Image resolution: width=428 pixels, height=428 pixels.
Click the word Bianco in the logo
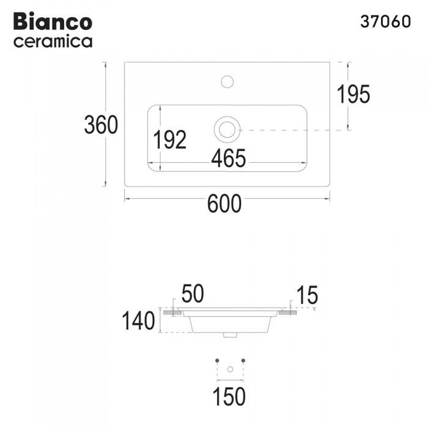click(53, 21)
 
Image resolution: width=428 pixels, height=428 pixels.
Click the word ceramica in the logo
click(53, 42)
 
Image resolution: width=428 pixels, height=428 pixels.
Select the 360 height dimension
click(100, 125)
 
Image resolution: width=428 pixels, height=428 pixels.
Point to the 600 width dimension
click(224, 204)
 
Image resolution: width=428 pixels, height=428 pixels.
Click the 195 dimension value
click(353, 94)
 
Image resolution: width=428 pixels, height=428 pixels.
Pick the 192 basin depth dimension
click(170, 140)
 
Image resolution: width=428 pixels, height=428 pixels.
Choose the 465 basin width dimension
click(228, 158)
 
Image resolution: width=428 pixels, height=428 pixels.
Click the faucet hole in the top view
click(227, 81)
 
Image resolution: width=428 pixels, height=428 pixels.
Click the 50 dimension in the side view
click(192, 295)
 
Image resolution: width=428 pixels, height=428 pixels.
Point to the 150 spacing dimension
click(230, 396)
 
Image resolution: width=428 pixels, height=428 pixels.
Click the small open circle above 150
click(230, 369)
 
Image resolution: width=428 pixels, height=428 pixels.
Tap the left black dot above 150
click(217, 361)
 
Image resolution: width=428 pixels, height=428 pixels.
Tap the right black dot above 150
click(243, 361)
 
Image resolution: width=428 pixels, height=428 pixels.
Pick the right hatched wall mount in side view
click(288, 312)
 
